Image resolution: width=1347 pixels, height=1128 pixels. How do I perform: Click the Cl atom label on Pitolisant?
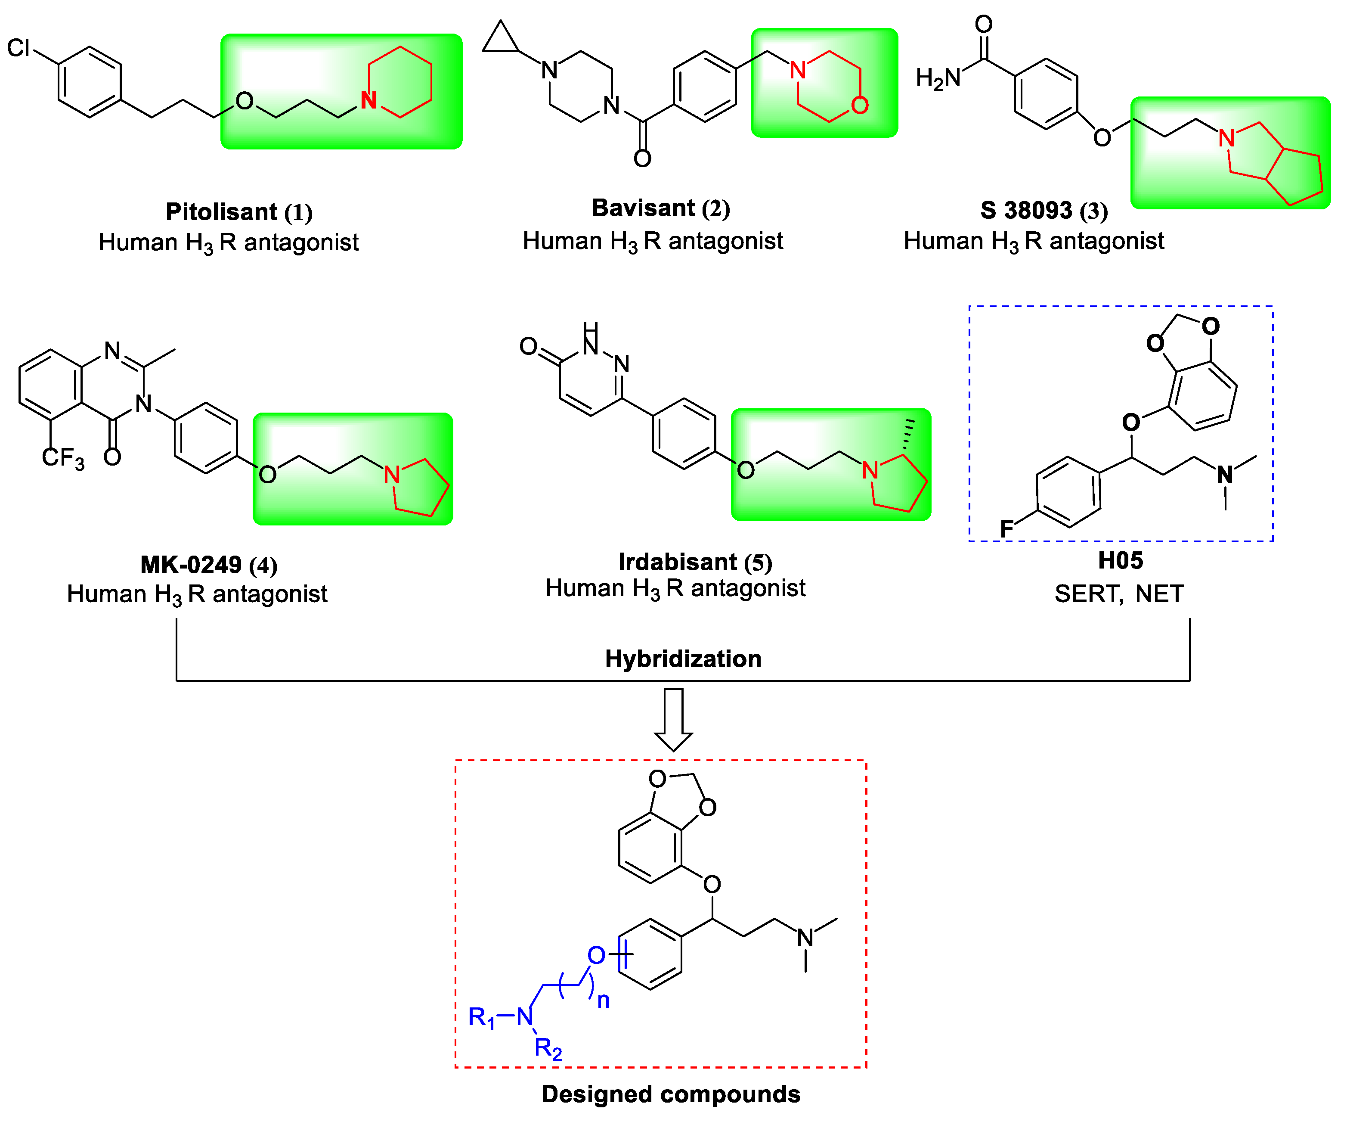[19, 47]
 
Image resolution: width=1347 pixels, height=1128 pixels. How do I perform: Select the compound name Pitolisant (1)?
[238, 212]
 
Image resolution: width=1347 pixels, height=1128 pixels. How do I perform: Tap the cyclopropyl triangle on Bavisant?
[500, 39]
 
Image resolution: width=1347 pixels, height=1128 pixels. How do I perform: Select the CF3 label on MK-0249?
[62, 458]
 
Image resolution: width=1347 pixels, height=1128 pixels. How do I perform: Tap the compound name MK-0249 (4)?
[208, 565]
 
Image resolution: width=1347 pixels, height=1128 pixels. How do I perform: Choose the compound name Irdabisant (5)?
[695, 562]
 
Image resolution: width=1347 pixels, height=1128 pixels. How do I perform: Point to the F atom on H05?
[1006, 529]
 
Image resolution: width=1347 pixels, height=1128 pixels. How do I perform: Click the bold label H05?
[1120, 561]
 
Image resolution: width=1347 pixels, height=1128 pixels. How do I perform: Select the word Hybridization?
[683, 659]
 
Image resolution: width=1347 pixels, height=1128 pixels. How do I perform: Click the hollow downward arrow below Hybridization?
[673, 719]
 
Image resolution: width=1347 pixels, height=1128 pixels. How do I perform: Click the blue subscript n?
[603, 1001]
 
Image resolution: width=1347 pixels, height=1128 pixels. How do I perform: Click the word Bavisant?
[643, 208]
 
